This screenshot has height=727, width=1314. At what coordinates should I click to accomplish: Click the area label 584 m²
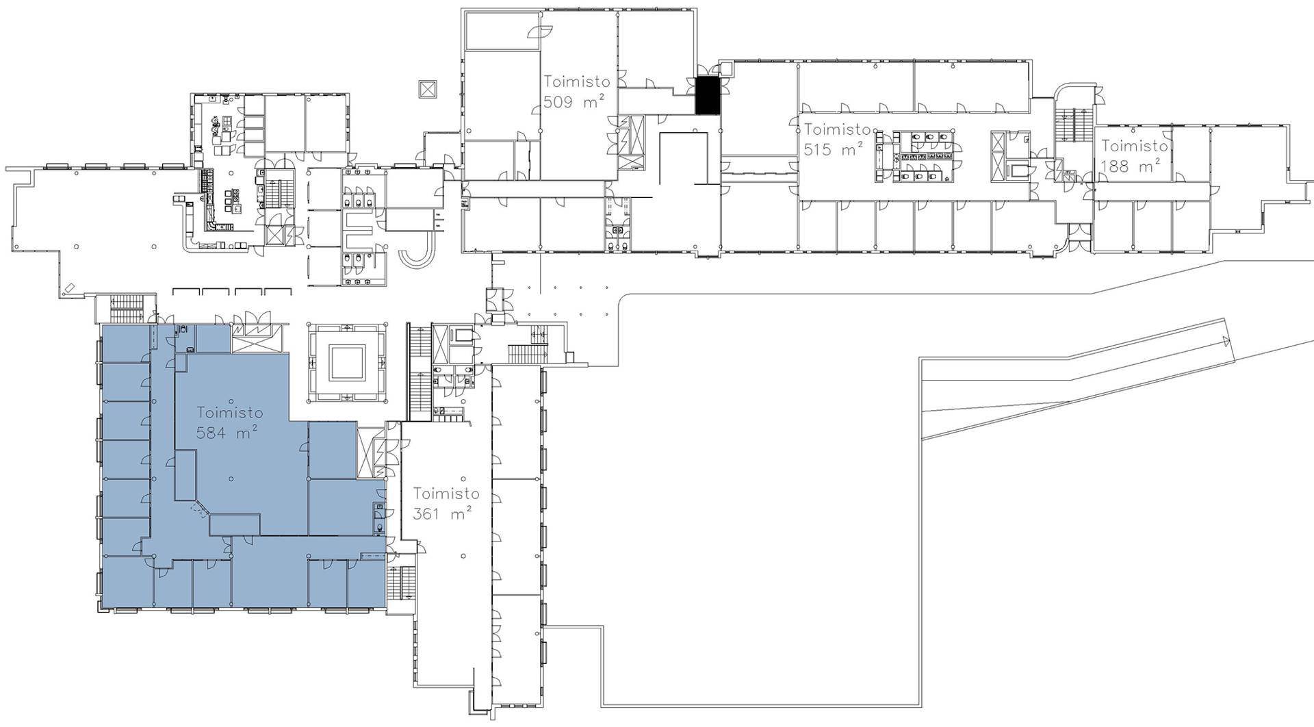227,433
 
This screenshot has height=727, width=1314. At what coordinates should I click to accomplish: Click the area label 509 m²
574,103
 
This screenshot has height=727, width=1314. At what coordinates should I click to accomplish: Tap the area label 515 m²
833,149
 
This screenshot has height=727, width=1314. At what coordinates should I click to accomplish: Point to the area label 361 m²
442,513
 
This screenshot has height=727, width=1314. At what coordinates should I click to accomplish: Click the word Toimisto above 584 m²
230,413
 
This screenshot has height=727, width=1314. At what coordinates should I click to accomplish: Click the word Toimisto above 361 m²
446,494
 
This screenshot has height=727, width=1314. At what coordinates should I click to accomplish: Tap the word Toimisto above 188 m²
1134,146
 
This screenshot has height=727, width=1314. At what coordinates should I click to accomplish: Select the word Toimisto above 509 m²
577,81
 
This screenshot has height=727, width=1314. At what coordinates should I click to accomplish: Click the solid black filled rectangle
708,95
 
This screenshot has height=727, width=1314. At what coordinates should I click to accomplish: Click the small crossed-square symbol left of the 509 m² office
428,89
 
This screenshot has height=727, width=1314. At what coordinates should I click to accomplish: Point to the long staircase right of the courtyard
418,372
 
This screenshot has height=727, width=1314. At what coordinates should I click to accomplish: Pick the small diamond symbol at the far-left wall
68,288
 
